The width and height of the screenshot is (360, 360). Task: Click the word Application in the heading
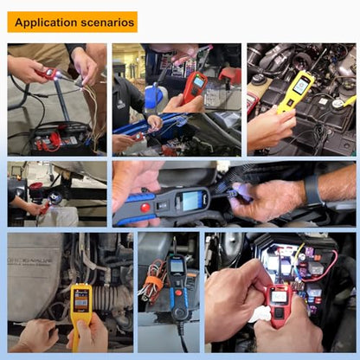(x=46, y=22)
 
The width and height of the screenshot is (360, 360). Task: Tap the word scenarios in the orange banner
(x=107, y=22)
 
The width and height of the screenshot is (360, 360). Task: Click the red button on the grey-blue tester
(x=145, y=207)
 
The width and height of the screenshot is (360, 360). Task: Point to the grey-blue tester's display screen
(x=190, y=200)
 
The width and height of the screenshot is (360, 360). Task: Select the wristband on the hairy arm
(x=312, y=190)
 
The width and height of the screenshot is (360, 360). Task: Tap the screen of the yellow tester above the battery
(x=300, y=85)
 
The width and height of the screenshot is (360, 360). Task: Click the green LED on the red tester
(x=198, y=76)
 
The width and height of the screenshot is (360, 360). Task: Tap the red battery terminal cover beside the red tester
(x=230, y=76)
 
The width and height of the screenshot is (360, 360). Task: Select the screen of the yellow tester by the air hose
(x=80, y=301)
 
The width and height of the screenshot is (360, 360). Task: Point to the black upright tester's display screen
(x=177, y=266)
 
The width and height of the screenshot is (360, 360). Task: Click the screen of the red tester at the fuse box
(x=279, y=296)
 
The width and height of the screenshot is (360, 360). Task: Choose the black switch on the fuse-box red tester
(x=279, y=312)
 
